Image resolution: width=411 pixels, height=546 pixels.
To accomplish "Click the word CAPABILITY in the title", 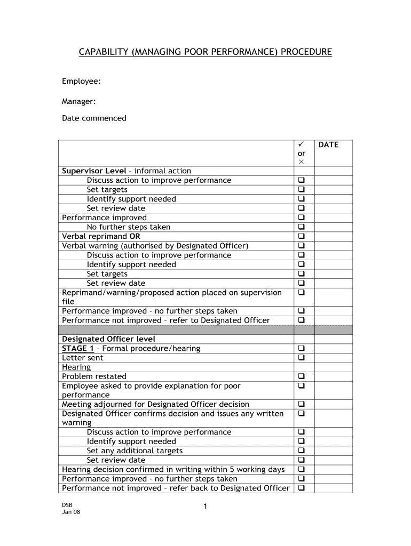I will (99, 52).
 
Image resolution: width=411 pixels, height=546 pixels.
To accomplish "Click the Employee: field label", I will (81, 81).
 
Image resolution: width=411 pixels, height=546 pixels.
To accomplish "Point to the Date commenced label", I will (94, 118).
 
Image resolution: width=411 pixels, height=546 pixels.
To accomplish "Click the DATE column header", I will (328, 144).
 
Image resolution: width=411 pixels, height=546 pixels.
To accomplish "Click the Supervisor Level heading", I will (94, 171).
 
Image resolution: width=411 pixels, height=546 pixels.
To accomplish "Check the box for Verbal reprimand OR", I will (302, 236).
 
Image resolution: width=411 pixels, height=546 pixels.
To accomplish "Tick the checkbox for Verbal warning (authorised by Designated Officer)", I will (302, 246).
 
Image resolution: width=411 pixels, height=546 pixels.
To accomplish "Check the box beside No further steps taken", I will (302, 227).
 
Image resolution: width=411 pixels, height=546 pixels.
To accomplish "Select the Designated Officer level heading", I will (108, 339).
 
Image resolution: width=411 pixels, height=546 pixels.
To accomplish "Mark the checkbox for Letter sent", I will (302, 358).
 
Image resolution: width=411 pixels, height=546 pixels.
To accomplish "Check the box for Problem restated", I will (302, 376).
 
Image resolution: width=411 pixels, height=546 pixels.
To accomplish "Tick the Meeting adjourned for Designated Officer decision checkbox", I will (302, 404).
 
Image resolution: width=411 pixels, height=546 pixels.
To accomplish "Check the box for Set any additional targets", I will (302, 451).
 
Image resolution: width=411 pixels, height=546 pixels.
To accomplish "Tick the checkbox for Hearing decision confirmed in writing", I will (302, 469).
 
